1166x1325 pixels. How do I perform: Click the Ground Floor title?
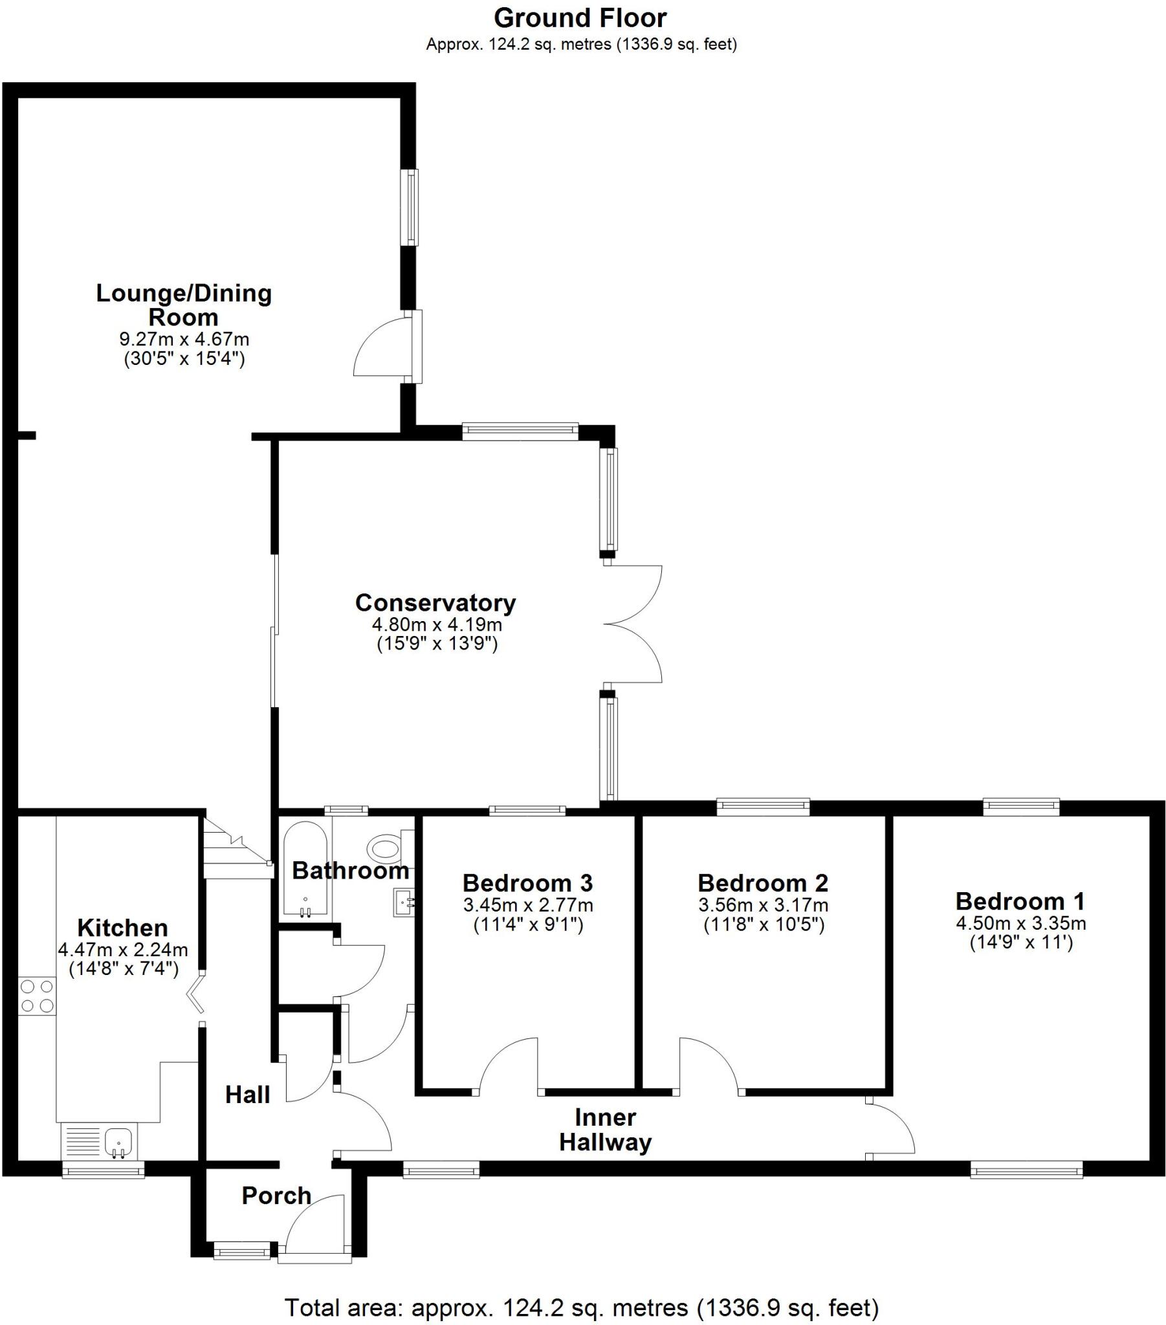[580, 18]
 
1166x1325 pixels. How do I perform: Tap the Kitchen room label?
[122, 928]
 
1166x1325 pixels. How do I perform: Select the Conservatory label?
[435, 603]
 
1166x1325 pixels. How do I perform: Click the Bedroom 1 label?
[1020, 901]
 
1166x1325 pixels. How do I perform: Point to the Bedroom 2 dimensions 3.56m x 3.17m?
[764, 905]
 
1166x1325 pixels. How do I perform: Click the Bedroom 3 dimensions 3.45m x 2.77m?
[528, 905]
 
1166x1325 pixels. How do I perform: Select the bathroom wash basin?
[402, 902]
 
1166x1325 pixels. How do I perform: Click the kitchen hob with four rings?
[37, 996]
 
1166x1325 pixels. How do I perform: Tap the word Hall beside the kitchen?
[247, 1095]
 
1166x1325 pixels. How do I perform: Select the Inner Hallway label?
[605, 1130]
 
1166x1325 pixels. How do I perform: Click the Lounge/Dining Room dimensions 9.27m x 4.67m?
[184, 339]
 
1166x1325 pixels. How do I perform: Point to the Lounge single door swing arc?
[379, 347]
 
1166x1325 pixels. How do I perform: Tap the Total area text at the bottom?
[582, 1308]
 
